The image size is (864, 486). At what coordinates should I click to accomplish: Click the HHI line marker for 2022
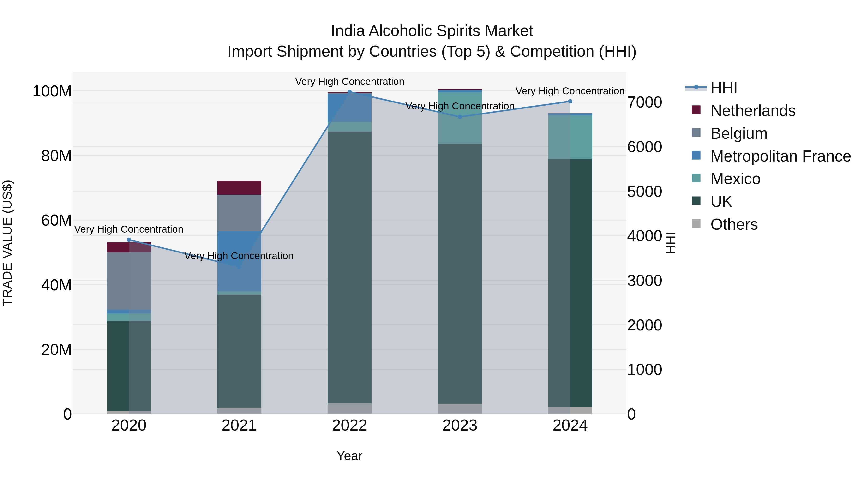(349, 92)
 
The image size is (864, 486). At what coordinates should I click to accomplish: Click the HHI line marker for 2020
(129, 240)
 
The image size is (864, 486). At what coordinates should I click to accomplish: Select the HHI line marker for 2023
(460, 117)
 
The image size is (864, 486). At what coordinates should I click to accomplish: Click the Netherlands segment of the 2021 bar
(239, 188)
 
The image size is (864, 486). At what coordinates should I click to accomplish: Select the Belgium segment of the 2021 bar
(239, 213)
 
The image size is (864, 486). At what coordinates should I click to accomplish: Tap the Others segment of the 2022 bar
(349, 408)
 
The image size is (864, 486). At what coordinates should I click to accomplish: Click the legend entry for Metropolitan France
(780, 156)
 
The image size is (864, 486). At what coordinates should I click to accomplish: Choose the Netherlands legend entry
(753, 111)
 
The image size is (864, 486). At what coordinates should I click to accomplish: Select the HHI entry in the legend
(723, 88)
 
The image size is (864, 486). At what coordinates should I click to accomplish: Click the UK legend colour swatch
(696, 201)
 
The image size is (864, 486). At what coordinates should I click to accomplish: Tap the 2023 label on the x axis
(460, 426)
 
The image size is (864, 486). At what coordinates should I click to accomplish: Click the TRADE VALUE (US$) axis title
(7, 243)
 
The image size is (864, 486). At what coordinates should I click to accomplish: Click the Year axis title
(349, 456)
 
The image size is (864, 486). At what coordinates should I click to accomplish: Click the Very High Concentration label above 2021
(239, 256)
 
